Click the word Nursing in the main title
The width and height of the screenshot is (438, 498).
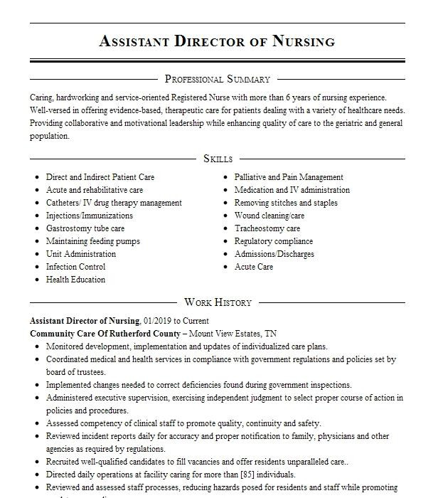point(303,41)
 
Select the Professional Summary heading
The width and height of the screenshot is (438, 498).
point(217,79)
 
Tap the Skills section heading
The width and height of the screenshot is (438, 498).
point(218,159)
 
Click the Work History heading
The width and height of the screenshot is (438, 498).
point(218,302)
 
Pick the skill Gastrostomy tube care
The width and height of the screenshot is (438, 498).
point(85,228)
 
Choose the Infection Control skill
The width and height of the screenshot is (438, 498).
point(75,267)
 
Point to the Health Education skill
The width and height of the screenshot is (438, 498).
point(75,280)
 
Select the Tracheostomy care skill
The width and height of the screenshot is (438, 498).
point(267,228)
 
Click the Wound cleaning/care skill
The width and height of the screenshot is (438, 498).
point(269,216)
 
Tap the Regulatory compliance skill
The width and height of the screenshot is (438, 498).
point(273,241)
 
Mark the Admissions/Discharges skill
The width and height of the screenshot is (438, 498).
point(274,254)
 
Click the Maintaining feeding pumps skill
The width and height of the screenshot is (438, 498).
point(92,241)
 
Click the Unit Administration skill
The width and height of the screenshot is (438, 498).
point(80,254)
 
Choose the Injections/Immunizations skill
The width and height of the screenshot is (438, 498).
point(89,216)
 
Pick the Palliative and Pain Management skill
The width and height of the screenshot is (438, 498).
point(289,177)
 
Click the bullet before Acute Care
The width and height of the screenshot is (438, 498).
point(225,267)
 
